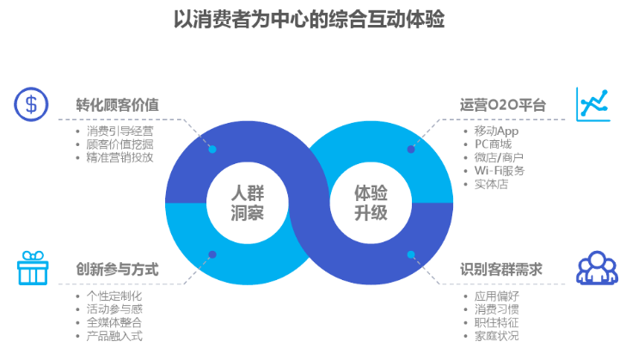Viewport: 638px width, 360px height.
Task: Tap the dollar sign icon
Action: pyautogui.click(x=31, y=104)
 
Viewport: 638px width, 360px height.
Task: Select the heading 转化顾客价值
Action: pyautogui.click(x=118, y=105)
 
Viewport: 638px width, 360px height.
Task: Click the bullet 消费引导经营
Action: pyautogui.click(x=120, y=131)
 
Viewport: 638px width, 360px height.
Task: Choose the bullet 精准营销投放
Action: pyautogui.click(x=120, y=157)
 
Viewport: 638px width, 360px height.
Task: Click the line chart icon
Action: pyautogui.click(x=593, y=103)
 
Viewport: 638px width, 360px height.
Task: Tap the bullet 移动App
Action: pyautogui.click(x=497, y=131)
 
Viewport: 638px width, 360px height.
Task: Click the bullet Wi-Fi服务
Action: pyautogui.click(x=500, y=170)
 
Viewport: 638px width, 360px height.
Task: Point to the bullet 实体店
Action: pyautogui.click(x=491, y=184)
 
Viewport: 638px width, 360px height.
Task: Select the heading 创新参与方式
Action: pyautogui.click(x=118, y=270)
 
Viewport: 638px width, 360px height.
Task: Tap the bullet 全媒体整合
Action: pyautogui.click(x=114, y=322)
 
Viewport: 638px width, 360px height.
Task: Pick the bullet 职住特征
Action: pyautogui.click(x=497, y=322)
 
